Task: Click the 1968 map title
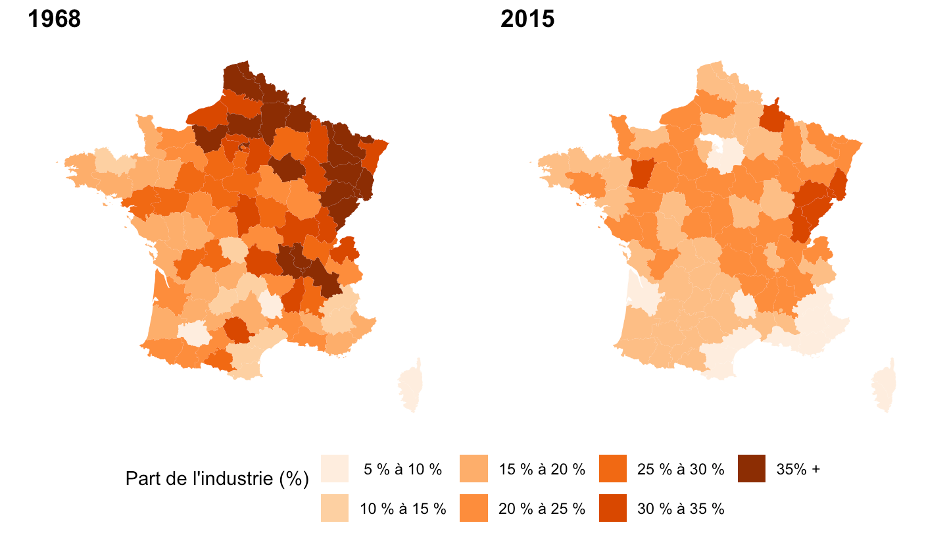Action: coord(54,19)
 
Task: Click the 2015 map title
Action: coord(527,19)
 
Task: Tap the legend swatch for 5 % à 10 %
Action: coord(334,469)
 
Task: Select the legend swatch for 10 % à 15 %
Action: coord(334,508)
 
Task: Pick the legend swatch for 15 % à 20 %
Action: coord(473,469)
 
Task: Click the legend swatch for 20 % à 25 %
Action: coord(473,508)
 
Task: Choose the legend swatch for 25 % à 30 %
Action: coord(613,469)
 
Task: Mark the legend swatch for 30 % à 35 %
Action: coord(613,508)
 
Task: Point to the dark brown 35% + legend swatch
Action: coord(752,469)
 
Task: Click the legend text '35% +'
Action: coord(798,469)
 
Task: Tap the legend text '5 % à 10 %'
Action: coord(403,469)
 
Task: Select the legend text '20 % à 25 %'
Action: coord(542,509)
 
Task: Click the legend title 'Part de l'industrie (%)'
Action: coord(217,480)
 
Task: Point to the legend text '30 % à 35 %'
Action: coord(681,509)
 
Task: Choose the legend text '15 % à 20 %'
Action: coord(542,469)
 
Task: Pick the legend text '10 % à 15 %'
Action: coord(403,509)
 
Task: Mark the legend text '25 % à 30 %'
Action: coord(681,469)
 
